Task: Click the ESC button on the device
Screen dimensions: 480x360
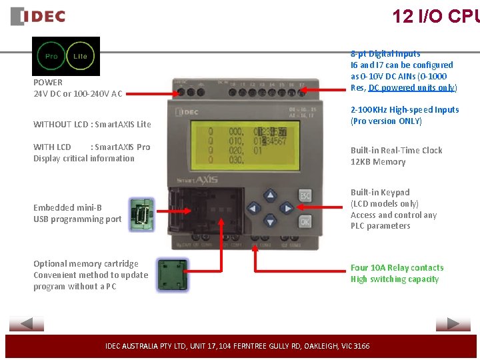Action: click(x=305, y=196)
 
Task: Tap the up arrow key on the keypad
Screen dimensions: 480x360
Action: click(x=269, y=196)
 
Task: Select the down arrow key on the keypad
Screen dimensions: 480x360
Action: click(x=269, y=221)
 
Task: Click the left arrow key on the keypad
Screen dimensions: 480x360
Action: click(x=254, y=209)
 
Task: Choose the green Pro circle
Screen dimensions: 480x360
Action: click(x=51, y=57)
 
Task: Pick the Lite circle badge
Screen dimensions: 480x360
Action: click(x=80, y=57)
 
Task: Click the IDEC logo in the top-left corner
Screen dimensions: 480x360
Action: click(x=38, y=16)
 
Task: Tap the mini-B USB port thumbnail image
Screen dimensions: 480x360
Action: click(x=141, y=214)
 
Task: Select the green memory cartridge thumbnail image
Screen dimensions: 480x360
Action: click(x=171, y=275)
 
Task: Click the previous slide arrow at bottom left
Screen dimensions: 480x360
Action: click(x=27, y=324)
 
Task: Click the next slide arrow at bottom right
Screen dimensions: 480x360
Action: click(x=453, y=324)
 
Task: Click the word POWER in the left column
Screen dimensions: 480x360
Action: click(x=48, y=82)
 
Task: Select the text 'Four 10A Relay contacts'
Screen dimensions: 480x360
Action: click(x=397, y=268)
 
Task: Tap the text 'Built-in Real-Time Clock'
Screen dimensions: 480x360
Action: click(x=396, y=151)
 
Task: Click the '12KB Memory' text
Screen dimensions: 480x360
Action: click(x=378, y=162)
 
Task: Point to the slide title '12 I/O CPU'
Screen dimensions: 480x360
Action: click(x=435, y=16)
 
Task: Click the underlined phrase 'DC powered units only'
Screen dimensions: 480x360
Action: click(x=412, y=88)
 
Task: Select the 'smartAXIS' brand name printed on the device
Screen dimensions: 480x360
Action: click(x=195, y=179)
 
